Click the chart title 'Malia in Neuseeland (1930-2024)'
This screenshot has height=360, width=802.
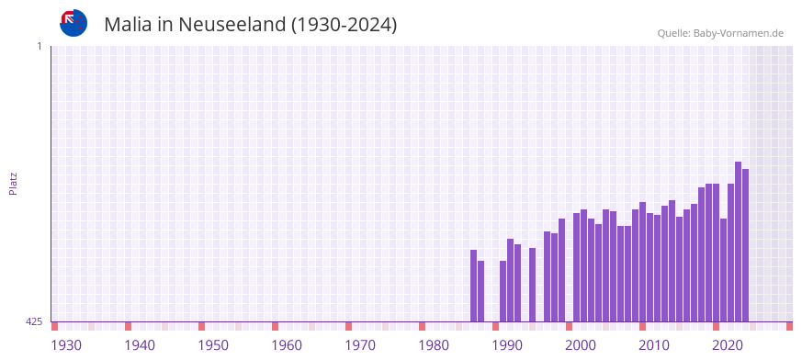[x=250, y=25]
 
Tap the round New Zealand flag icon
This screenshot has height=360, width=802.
[x=73, y=23]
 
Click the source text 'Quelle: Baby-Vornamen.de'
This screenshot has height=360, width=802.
[x=720, y=33]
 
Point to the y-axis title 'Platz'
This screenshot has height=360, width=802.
[x=13, y=183]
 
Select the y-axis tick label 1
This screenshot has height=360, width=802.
[x=40, y=46]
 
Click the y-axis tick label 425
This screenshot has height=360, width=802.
[x=34, y=321]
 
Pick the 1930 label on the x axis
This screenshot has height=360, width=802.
[x=66, y=345]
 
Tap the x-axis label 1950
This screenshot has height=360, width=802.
[x=213, y=345]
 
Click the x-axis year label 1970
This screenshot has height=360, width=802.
[x=360, y=345]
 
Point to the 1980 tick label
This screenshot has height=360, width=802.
[x=434, y=345]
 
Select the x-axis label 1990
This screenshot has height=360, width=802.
[x=507, y=345]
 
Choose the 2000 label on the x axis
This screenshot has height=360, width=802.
[x=581, y=345]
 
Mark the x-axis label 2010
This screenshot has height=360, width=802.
[x=654, y=345]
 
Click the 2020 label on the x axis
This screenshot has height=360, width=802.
[x=728, y=345]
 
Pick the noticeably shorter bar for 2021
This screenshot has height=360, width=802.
[x=723, y=270]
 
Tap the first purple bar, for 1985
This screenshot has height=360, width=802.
[x=473, y=286]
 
